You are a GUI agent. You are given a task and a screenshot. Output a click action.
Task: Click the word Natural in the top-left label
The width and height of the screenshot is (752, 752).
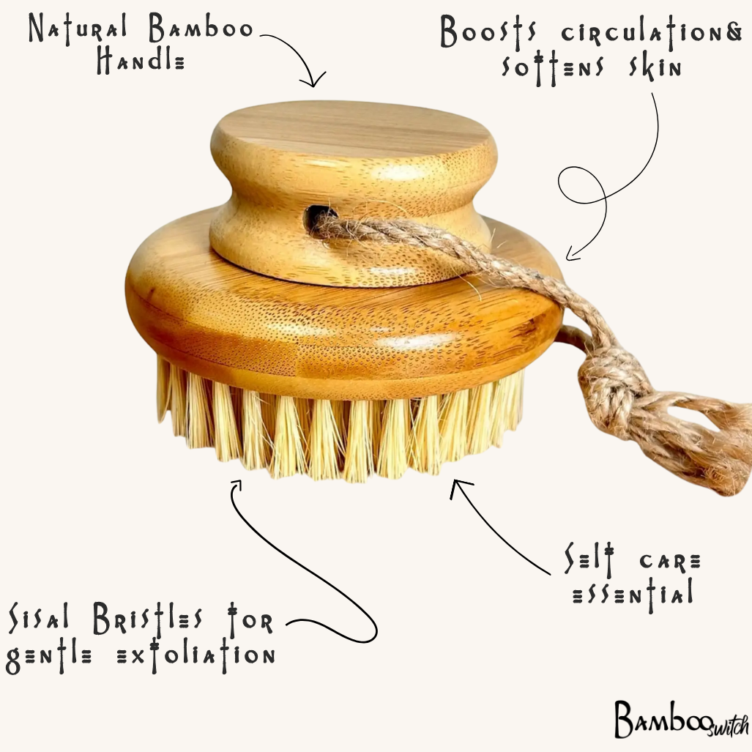pos(78,29)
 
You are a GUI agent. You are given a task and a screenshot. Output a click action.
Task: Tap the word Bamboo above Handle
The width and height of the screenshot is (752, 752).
pos(201,29)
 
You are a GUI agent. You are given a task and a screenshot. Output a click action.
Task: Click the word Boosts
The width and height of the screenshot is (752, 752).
pos(488,33)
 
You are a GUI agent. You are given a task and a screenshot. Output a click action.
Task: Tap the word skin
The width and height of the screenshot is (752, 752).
pos(655,68)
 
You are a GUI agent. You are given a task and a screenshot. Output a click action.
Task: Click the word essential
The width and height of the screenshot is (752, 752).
pos(633,595)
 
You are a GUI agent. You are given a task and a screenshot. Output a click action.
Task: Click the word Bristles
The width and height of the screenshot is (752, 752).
pos(148,619)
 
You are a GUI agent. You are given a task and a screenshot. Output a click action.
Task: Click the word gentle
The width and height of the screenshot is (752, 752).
pos(48,655)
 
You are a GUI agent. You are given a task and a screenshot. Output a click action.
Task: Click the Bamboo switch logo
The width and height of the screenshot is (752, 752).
pos(681,719)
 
